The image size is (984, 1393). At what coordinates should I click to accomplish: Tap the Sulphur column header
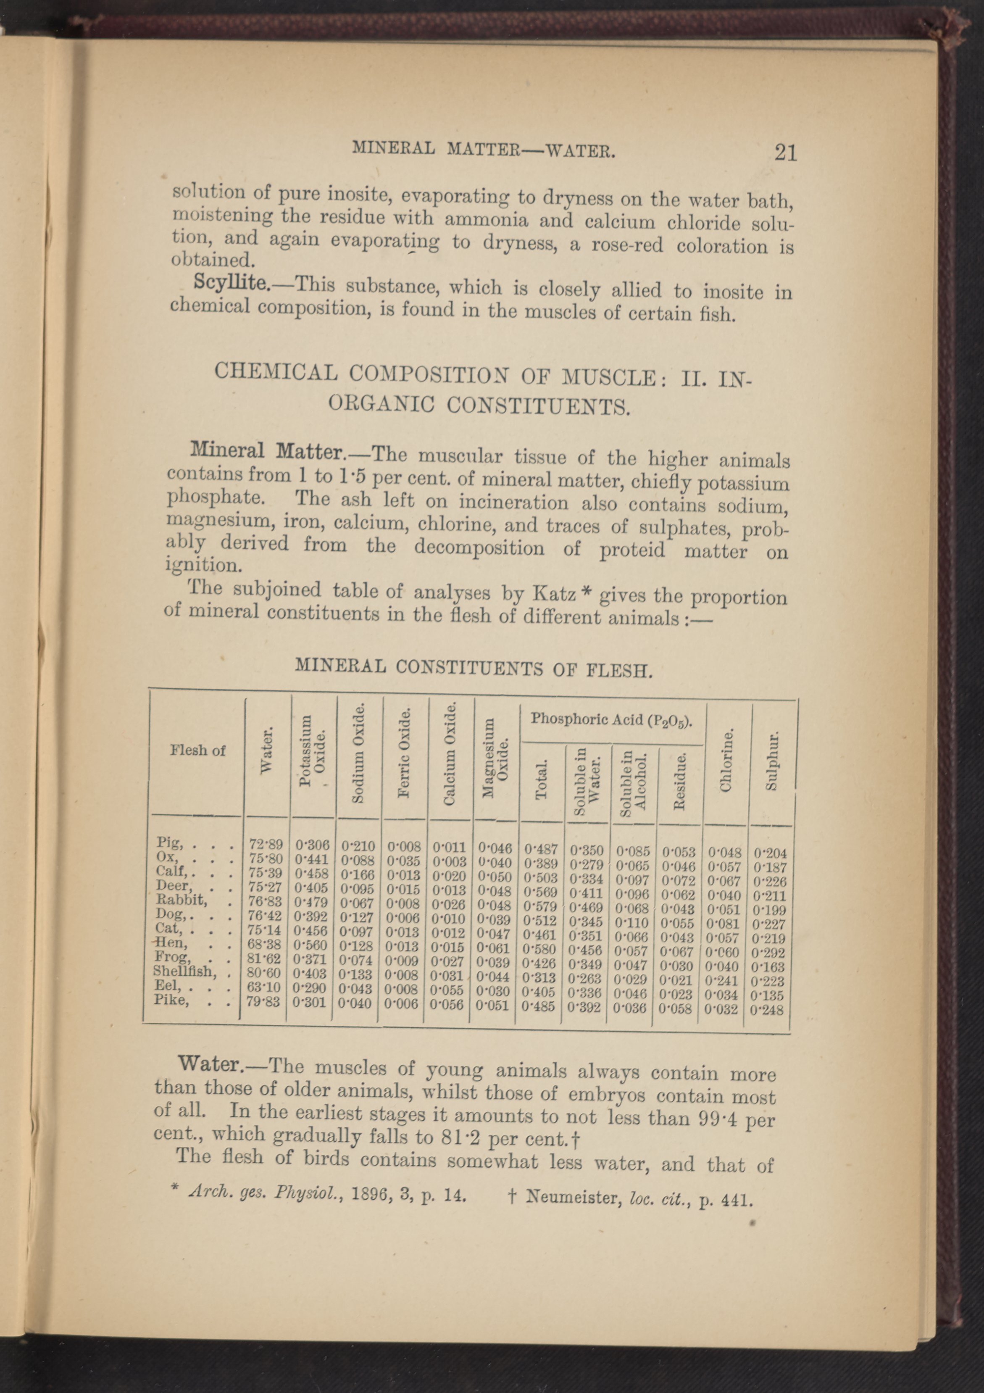(771, 763)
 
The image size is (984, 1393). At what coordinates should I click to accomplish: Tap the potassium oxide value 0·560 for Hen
(311, 945)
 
